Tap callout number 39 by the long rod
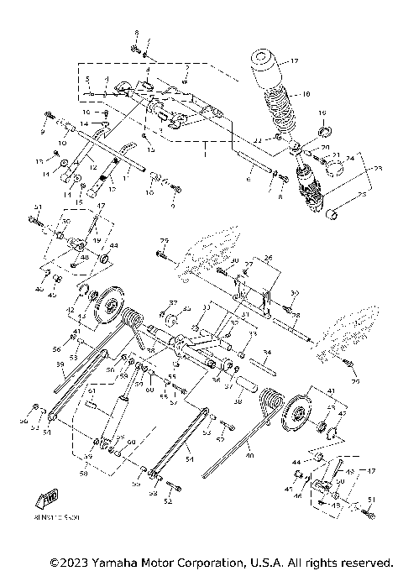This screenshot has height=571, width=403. click(x=60, y=364)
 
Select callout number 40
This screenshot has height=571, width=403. click(x=249, y=456)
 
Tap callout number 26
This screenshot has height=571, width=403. click(x=269, y=258)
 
